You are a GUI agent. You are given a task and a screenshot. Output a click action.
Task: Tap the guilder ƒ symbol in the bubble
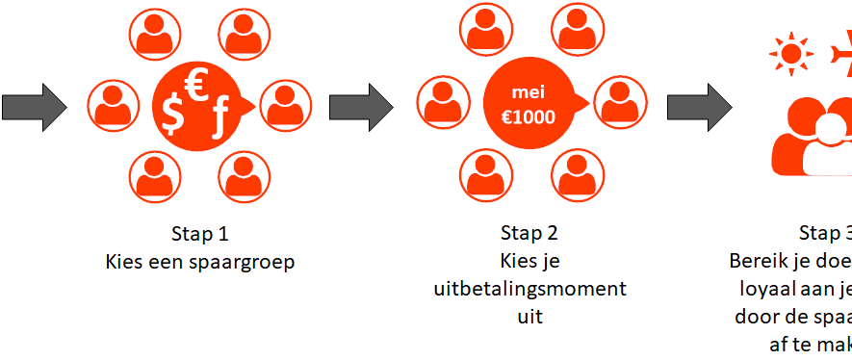coord(220,120)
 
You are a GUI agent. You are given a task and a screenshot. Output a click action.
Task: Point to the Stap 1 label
coord(200,233)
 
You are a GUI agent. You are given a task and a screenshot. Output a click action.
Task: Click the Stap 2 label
coord(529,233)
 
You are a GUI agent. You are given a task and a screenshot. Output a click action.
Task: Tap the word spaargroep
coord(245,261)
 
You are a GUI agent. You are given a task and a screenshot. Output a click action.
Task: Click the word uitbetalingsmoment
coord(529,289)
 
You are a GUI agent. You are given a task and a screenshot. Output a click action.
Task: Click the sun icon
coord(790,54)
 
